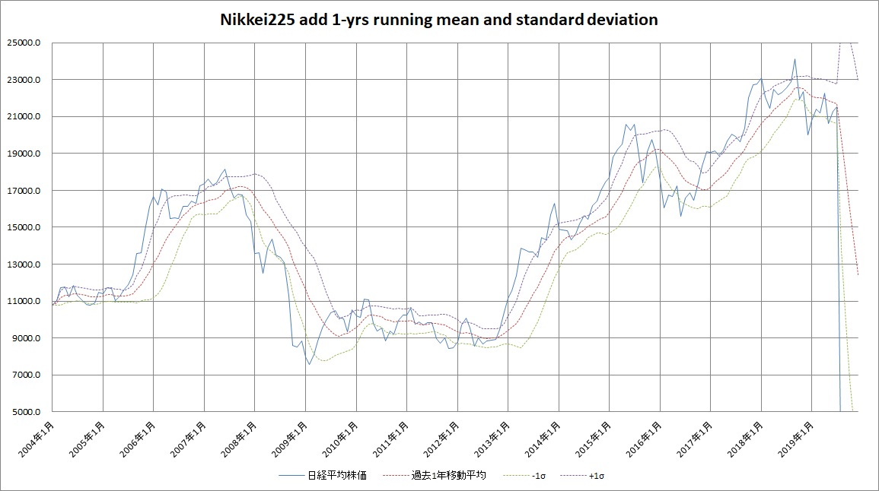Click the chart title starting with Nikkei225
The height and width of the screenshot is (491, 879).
(x=439, y=20)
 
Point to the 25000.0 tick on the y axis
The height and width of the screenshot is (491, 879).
(x=25, y=43)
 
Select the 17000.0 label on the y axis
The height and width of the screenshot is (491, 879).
(x=25, y=191)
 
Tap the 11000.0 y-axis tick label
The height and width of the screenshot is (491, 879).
(x=25, y=302)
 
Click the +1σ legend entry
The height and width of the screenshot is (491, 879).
(x=597, y=476)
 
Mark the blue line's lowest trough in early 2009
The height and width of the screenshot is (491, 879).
(x=309, y=364)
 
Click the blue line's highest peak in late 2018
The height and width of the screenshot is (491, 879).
(x=795, y=59)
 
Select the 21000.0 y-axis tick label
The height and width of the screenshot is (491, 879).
(x=25, y=117)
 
